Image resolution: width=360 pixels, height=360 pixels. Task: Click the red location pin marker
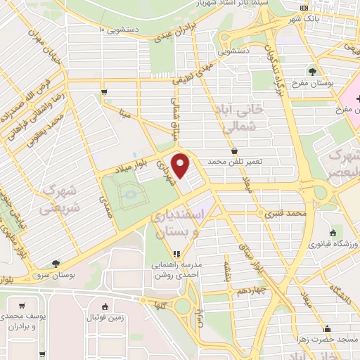[x=181, y=165]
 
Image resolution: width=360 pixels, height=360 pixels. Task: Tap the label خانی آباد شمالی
[x=240, y=119]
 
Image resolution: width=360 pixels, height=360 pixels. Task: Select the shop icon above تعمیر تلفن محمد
[x=234, y=151]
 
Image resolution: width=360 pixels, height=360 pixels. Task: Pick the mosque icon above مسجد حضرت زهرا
[x=326, y=328]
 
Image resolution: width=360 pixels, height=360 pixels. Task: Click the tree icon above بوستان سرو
[x=55, y=262]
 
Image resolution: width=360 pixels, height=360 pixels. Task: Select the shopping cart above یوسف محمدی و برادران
[x=23, y=306]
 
